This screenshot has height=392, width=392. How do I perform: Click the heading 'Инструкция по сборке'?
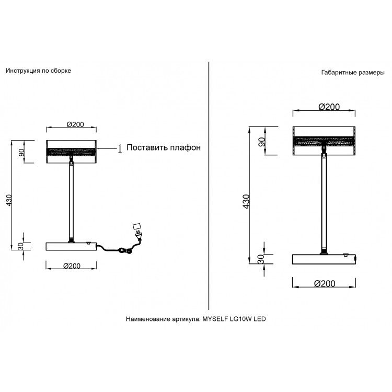pos(38,71)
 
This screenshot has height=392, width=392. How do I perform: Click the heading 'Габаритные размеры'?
pos(353,73)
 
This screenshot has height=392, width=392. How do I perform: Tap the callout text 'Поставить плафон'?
pos(164,147)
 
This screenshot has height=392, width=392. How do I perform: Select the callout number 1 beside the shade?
pos(120,149)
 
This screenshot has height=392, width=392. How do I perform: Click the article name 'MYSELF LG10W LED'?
pos(234,319)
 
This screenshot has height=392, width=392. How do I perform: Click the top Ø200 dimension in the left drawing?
pos(75,124)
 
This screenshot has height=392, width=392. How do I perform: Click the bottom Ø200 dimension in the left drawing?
pos(72,266)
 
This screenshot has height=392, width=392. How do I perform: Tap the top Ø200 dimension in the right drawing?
pos(329,107)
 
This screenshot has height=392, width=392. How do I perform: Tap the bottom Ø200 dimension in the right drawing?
pos(325,283)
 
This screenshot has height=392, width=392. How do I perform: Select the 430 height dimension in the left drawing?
pos(9,200)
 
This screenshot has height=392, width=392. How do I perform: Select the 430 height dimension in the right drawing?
pos(246,202)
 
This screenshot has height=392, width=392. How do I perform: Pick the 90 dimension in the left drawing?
pos(21,152)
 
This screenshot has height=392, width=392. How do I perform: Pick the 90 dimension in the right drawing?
pos(261,142)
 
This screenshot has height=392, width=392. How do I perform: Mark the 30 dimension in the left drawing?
pos(20,246)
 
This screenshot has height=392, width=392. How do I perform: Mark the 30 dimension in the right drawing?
pos(261,259)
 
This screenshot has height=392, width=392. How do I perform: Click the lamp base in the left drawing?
pos(72,246)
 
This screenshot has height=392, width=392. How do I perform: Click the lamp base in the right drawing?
pos(324,259)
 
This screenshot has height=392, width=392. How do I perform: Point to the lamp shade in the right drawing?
pos(324,141)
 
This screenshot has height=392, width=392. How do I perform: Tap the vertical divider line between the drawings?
pos(209,186)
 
